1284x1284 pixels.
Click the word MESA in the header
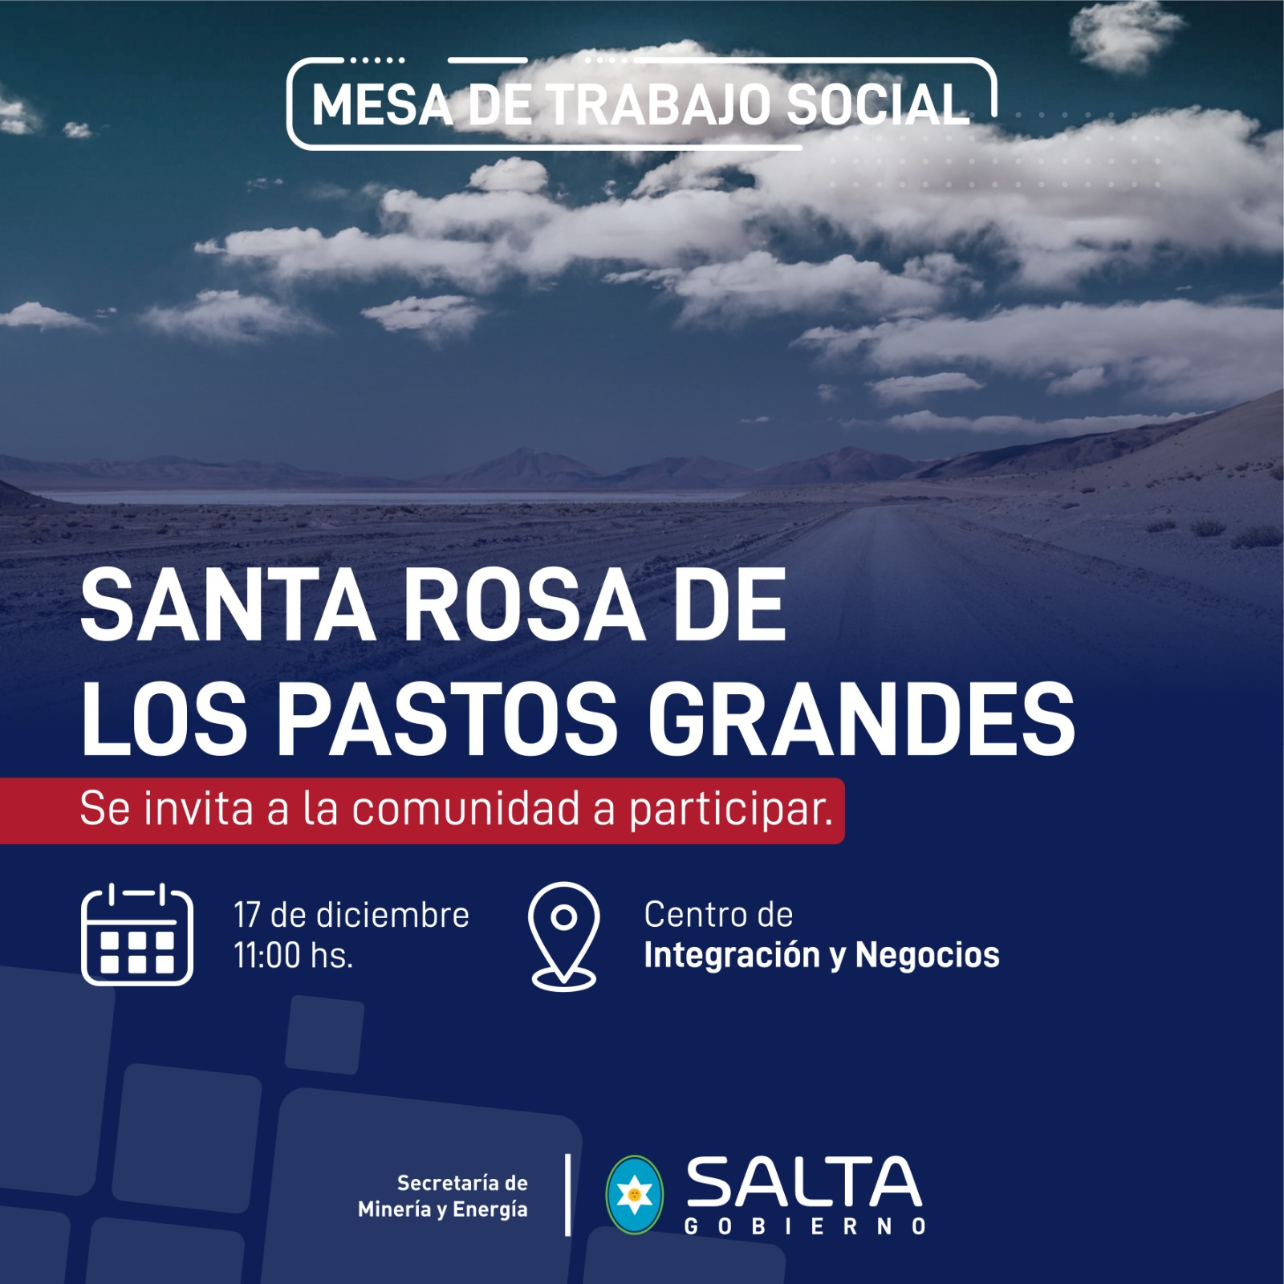382,105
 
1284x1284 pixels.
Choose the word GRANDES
860,718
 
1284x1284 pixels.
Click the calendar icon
137,934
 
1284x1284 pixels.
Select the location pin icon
563,936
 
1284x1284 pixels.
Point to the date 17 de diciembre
351,916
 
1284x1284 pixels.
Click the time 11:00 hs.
294,956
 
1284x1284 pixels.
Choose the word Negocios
928,956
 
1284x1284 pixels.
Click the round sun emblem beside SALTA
634,1195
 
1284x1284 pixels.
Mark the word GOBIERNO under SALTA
805,1227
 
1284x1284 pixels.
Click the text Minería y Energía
443,1210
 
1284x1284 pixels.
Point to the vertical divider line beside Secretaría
568,1195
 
